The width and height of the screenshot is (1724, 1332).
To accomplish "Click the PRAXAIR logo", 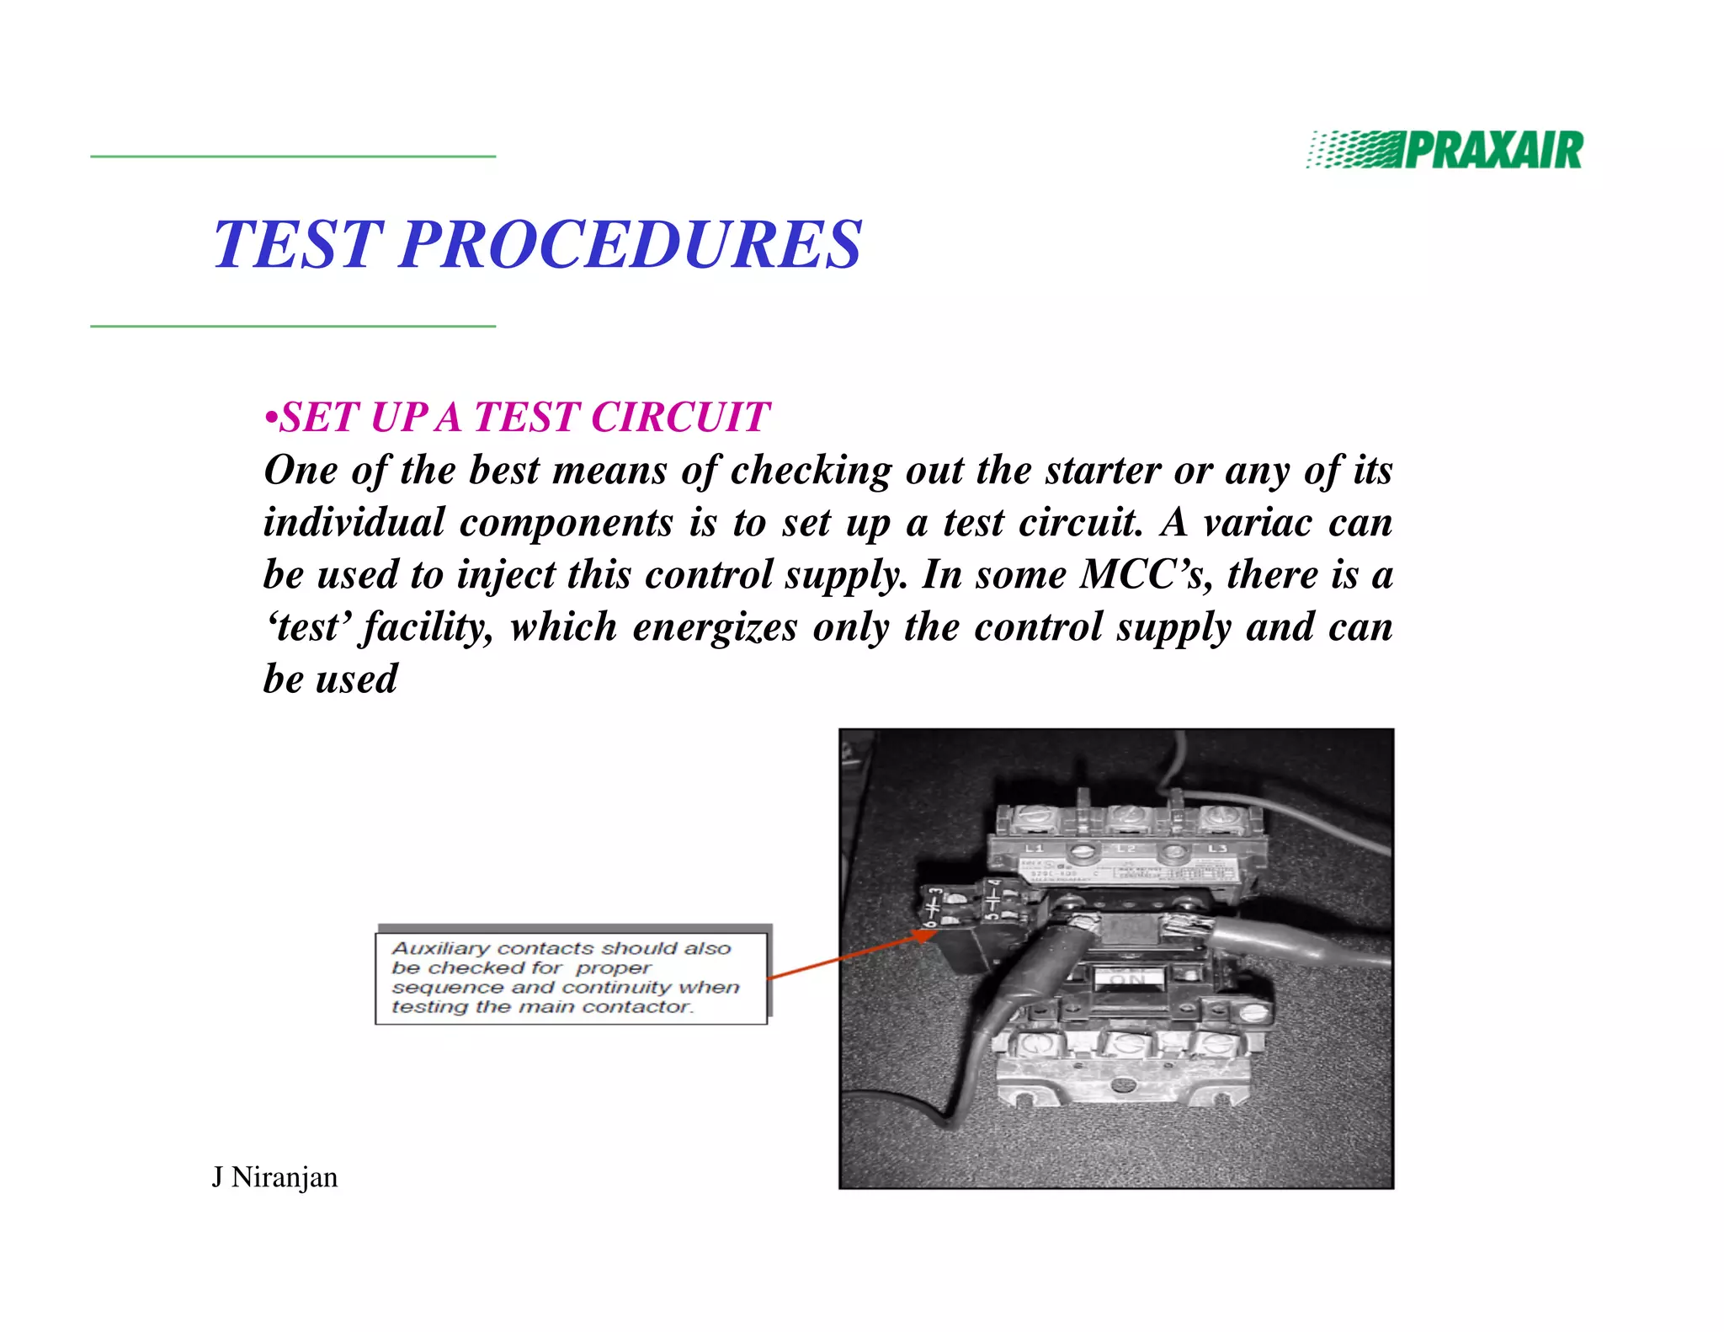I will [1445, 150].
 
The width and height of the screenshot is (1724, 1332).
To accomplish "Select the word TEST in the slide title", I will [299, 244].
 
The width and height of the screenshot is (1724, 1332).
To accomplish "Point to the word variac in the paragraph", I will [1258, 522].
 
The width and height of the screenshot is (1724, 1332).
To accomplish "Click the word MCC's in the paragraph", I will [1146, 574].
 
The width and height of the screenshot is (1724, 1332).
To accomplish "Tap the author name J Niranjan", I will [274, 1176].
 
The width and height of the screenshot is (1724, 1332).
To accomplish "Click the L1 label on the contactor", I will [1034, 848].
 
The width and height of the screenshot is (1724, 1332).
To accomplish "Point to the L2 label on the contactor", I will [1125, 849].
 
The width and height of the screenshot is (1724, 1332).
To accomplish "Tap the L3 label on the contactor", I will [1217, 849].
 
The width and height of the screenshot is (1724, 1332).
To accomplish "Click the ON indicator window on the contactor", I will [1128, 979].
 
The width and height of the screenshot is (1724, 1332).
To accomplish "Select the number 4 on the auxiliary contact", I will [995, 887].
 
